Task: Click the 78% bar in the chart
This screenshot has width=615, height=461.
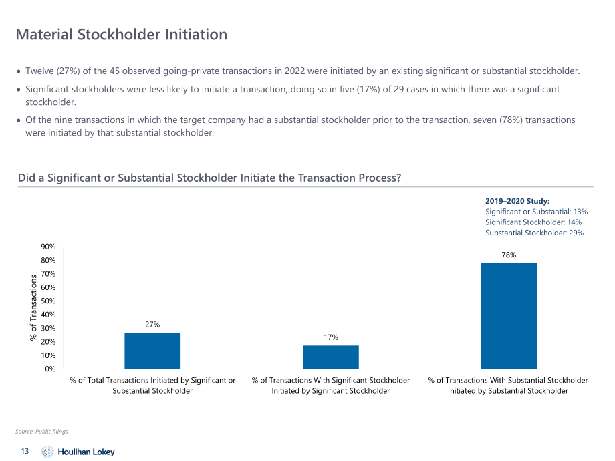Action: [x=509, y=316]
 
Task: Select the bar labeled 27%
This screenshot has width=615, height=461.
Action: [x=152, y=351]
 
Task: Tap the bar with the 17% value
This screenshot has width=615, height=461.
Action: [x=331, y=357]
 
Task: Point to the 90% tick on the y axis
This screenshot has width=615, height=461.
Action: [x=48, y=247]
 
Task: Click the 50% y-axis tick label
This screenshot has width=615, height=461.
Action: [x=48, y=301]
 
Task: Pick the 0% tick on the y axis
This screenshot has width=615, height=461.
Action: [x=50, y=369]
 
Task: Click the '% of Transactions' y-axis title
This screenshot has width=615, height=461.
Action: [x=33, y=308]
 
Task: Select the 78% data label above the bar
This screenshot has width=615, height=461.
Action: [x=509, y=255]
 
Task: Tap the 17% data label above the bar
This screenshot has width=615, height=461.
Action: [x=331, y=337]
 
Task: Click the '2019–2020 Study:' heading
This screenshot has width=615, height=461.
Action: [x=517, y=201]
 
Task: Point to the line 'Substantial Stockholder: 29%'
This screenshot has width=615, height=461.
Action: [x=534, y=233]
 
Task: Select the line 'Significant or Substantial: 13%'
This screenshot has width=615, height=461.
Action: [x=536, y=212]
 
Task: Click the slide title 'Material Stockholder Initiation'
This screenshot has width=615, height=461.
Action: [x=122, y=35]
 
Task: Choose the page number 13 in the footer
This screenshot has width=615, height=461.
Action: [x=25, y=451]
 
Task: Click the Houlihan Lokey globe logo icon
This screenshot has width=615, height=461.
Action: [x=47, y=452]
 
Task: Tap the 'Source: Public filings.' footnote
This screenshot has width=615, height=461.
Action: [x=42, y=431]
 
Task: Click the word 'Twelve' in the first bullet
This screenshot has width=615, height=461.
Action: [x=39, y=71]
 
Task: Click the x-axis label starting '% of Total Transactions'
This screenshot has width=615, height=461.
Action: [x=152, y=386]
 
